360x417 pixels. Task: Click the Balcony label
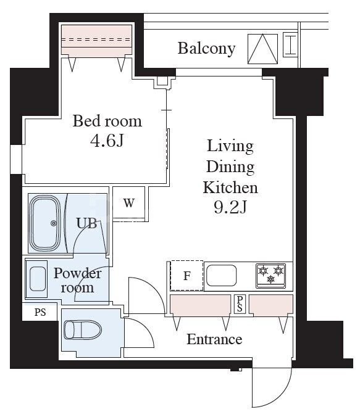206,48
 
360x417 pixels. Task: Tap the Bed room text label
107,120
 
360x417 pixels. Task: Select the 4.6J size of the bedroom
107,141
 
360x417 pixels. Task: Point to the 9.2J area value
230,207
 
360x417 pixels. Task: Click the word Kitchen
230,187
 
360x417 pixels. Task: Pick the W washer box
128,203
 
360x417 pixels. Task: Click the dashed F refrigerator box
186,276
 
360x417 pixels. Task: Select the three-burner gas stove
271,275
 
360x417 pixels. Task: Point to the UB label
86,223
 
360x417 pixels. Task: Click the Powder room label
77,280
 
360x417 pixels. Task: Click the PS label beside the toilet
40,312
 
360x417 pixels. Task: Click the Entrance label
214,339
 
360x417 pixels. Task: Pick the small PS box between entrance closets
239,304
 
